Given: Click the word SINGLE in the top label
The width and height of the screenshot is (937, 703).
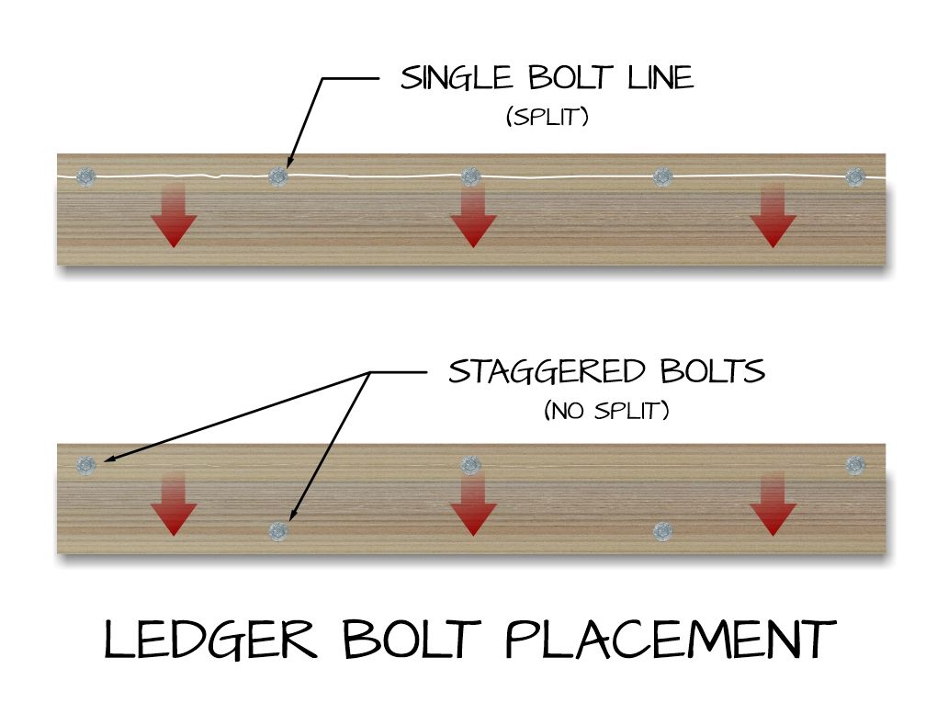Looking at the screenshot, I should pyautogui.click(x=449, y=79).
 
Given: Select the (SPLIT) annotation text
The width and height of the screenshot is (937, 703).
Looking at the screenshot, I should pyautogui.click(x=547, y=119).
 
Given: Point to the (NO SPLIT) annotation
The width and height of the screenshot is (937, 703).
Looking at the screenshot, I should pyautogui.click(x=606, y=411).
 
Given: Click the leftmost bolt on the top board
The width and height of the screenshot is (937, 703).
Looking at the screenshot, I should pyautogui.click(x=86, y=176).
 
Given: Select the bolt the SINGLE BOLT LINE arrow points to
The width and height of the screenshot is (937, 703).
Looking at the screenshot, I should pyautogui.click(x=277, y=176).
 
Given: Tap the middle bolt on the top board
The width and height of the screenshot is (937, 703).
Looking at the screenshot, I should pyautogui.click(x=470, y=176).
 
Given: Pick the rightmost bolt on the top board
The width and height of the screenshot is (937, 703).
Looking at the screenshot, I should pyautogui.click(x=855, y=176).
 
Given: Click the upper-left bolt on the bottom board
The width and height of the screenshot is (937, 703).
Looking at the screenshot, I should pyautogui.click(x=86, y=465).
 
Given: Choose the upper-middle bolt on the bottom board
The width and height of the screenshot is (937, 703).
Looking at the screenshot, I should pyautogui.click(x=470, y=465).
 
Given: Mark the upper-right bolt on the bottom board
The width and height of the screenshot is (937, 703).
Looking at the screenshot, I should pyautogui.click(x=855, y=465).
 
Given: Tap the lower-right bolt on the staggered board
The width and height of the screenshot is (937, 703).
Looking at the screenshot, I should pyautogui.click(x=662, y=530).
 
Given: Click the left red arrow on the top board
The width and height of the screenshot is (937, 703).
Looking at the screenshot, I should pyautogui.click(x=174, y=215).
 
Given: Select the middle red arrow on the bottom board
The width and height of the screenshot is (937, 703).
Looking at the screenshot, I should pyautogui.click(x=473, y=505).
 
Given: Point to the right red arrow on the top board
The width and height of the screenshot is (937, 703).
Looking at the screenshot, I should pyautogui.click(x=773, y=215).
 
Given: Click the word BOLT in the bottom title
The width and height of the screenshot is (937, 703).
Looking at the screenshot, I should pyautogui.click(x=414, y=641).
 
